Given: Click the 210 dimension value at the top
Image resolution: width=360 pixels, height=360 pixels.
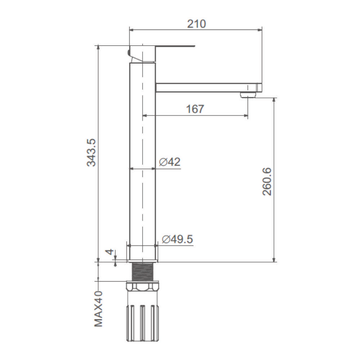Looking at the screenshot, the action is (197, 24).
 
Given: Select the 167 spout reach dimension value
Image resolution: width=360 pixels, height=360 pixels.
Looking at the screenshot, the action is (195, 109).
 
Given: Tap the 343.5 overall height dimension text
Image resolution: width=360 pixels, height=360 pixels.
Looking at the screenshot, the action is (91, 152).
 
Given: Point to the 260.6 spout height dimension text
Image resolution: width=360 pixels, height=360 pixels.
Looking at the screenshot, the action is (267, 181).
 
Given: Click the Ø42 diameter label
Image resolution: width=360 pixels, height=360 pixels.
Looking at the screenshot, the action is (170, 162).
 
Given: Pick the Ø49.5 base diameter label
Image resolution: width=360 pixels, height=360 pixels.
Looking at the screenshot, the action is (177, 239).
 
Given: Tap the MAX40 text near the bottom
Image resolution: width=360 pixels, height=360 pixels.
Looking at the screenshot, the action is (99, 309).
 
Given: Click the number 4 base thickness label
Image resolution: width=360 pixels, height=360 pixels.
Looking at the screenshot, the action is (111, 252).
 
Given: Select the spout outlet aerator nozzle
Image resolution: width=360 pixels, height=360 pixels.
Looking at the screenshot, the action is (248, 95).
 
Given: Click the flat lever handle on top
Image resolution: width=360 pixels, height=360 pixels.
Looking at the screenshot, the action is (175, 46).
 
